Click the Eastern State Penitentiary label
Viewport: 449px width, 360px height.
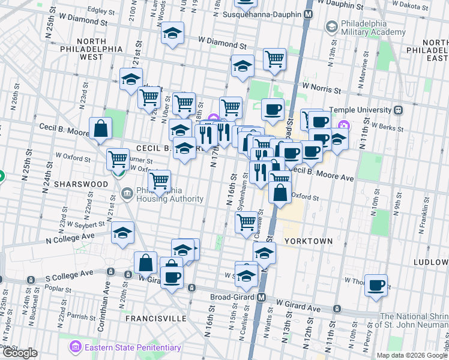[132, 347]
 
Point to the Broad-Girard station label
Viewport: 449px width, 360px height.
[231, 297]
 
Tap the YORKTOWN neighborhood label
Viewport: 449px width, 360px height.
[308, 241]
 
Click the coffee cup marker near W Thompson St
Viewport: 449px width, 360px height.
[376, 285]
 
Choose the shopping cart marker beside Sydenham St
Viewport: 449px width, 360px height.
[247, 222]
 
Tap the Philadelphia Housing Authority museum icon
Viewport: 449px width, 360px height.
[127, 193]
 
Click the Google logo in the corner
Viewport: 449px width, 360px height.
[20, 353]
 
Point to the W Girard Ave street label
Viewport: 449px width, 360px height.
[297, 307]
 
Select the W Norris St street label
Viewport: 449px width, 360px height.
[321, 88]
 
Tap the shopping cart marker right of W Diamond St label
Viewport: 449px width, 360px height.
[274, 59]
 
